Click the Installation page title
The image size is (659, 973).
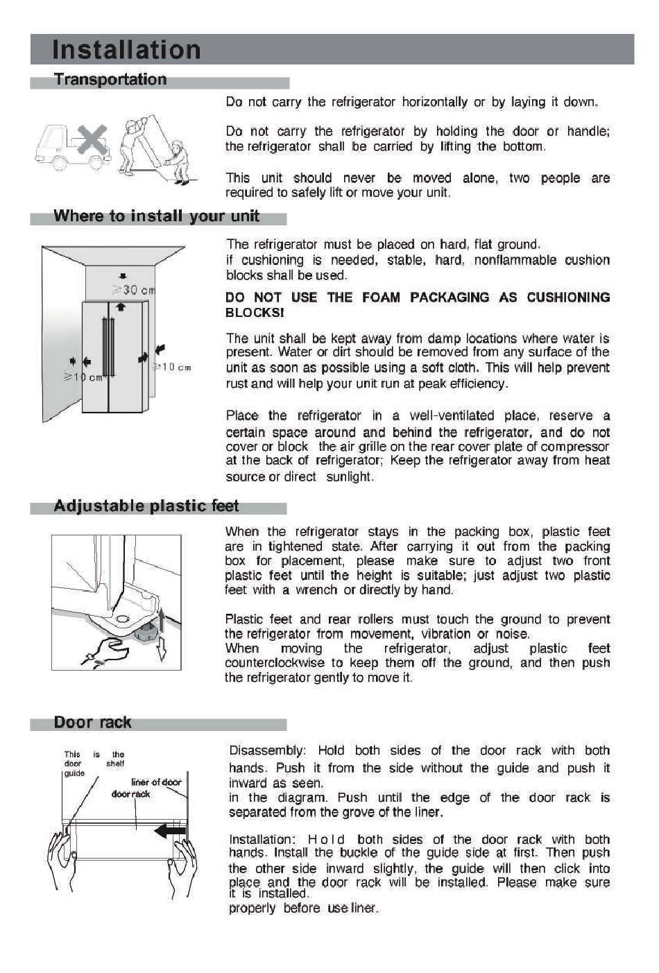click(126, 50)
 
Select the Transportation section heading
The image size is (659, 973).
click(110, 80)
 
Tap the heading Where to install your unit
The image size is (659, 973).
click(156, 216)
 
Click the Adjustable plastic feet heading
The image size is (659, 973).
click(146, 506)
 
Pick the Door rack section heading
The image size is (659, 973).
click(92, 723)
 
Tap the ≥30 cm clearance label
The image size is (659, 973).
click(133, 289)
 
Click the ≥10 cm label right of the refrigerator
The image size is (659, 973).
click(172, 367)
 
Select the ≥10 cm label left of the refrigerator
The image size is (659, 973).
click(82, 377)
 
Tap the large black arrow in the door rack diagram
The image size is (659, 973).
click(169, 830)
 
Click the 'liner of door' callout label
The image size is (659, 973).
click(156, 782)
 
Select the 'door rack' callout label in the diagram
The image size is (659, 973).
click(130, 794)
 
